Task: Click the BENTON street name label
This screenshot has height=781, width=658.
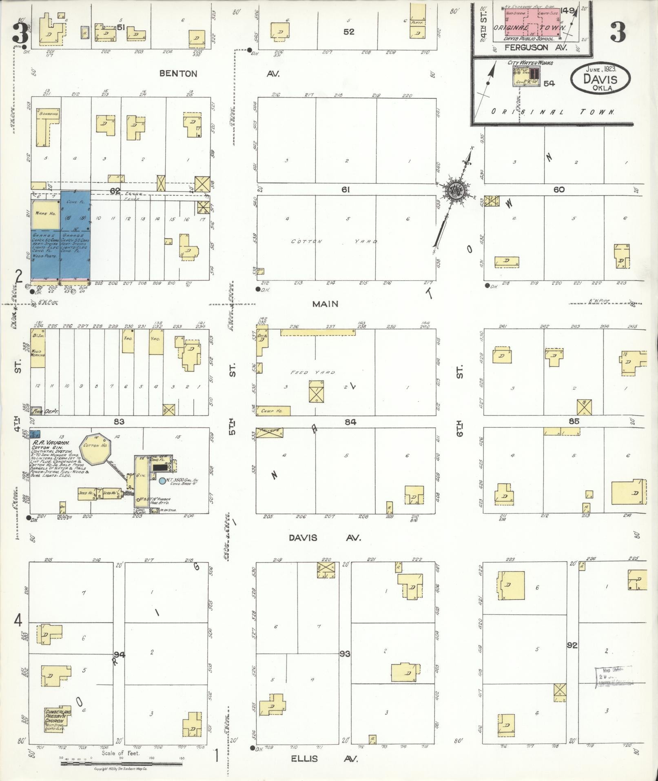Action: (x=178, y=74)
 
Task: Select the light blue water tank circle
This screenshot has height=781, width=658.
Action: (x=162, y=481)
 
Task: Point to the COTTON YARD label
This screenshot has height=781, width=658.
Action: (x=334, y=242)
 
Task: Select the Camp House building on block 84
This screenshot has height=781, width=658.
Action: (x=273, y=411)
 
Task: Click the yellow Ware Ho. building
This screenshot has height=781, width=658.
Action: (x=46, y=214)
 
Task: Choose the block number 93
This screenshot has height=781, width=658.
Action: (x=345, y=654)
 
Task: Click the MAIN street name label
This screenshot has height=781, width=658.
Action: (x=325, y=304)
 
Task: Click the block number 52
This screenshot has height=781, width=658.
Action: (x=349, y=32)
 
